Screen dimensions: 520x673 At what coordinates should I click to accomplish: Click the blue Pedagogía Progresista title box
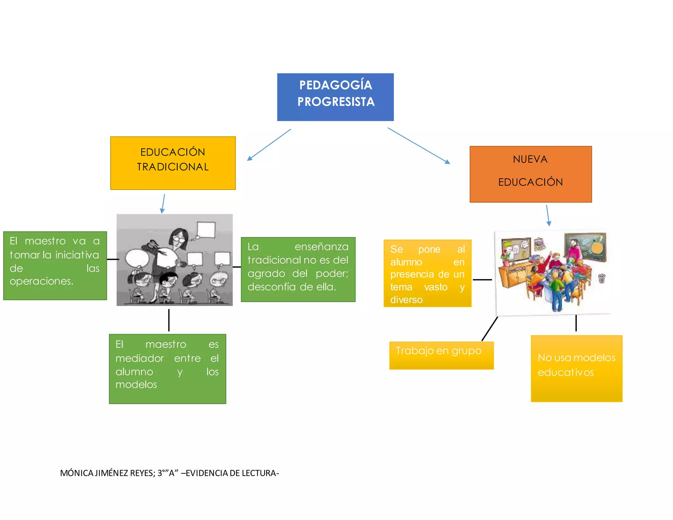(335, 97)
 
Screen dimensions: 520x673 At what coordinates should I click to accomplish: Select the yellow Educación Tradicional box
(173, 163)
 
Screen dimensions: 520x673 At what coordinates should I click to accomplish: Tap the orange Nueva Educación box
(530, 174)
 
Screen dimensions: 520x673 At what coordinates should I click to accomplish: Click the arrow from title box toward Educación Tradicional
(269, 145)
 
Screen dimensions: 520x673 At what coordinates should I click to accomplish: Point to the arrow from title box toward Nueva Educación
(419, 146)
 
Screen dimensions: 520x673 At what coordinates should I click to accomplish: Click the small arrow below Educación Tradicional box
(163, 204)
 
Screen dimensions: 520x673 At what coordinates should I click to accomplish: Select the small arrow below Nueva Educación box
(548, 216)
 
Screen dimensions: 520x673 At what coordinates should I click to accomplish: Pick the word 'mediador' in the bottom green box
(139, 358)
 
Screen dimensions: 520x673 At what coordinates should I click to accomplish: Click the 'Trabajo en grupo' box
(441, 355)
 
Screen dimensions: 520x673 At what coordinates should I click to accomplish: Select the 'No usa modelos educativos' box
(576, 368)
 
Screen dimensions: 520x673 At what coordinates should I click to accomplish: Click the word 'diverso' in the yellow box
(406, 300)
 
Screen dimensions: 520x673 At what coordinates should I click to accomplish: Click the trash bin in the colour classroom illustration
(602, 278)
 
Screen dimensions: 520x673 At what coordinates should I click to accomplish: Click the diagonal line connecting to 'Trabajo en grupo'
(490, 329)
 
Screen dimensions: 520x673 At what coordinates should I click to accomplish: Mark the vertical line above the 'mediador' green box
(169, 320)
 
